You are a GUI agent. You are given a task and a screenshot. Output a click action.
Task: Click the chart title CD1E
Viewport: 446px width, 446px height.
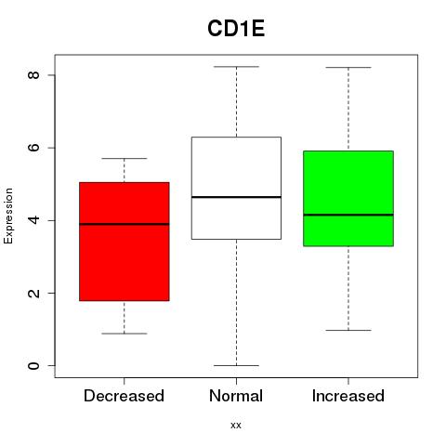pyautogui.click(x=236, y=29)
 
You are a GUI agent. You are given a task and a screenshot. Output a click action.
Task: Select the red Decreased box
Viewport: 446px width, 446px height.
pyautogui.click(x=125, y=242)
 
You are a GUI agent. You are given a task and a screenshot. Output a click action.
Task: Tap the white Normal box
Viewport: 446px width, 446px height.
pyautogui.click(x=236, y=188)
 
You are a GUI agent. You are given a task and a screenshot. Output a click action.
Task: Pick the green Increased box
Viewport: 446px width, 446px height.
pyautogui.click(x=348, y=199)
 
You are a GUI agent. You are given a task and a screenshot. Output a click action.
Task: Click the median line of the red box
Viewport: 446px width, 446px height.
pyautogui.click(x=125, y=224)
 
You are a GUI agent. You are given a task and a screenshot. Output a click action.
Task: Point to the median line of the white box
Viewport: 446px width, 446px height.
pyautogui.click(x=236, y=197)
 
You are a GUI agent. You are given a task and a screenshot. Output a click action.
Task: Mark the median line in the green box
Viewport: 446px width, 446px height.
pyautogui.click(x=348, y=215)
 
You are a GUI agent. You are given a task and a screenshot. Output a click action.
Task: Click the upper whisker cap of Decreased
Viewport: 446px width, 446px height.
pyautogui.click(x=125, y=158)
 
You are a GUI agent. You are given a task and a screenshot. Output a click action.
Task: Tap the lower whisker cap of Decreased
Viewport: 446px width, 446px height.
pyautogui.click(x=125, y=334)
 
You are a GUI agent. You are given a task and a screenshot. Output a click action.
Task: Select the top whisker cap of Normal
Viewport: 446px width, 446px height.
pyautogui.click(x=236, y=67)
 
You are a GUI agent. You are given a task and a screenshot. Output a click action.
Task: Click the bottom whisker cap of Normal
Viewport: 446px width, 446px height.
pyautogui.click(x=236, y=365)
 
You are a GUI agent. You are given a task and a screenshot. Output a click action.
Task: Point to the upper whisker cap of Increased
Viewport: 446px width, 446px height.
pyautogui.click(x=348, y=67)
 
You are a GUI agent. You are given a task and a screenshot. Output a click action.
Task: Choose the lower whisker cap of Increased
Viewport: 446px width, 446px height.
pyautogui.click(x=348, y=330)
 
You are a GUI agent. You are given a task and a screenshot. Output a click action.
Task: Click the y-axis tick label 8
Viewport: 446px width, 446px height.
pyautogui.click(x=33, y=75)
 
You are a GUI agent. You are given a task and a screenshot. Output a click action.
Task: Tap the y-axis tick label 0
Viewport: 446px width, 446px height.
pyautogui.click(x=33, y=365)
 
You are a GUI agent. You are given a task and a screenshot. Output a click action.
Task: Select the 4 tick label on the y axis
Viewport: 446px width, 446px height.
pyautogui.click(x=33, y=220)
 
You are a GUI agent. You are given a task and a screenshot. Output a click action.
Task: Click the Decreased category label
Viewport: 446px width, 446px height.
pyautogui.click(x=124, y=396)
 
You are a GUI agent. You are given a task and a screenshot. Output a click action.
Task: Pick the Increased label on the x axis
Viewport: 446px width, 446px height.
pyautogui.click(x=348, y=396)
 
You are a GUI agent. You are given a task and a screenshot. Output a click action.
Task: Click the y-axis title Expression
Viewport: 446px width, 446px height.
pyautogui.click(x=8, y=216)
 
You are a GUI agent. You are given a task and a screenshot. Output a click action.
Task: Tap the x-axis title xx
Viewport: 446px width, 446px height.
pyautogui.click(x=236, y=426)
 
